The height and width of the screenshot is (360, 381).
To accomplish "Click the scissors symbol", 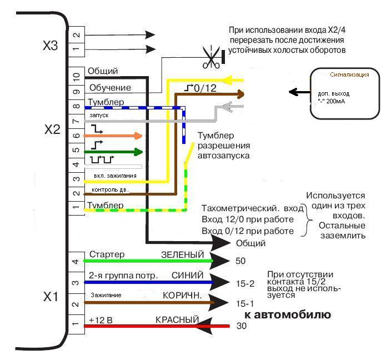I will [210, 58].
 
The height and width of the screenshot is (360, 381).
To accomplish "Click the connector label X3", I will [51, 46].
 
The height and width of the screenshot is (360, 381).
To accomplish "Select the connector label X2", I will [52, 130].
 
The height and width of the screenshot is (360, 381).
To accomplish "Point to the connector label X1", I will [51, 296].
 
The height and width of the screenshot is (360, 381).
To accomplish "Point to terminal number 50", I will [241, 261].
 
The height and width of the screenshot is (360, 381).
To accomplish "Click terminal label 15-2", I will [245, 283].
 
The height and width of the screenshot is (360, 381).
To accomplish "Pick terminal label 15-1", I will [245, 304].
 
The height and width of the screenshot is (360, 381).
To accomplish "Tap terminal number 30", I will [241, 326].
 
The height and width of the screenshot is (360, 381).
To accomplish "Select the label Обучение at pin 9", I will [110, 88].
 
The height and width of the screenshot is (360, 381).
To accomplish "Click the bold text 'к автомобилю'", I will [288, 315].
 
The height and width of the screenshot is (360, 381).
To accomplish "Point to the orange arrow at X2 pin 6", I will [113, 135].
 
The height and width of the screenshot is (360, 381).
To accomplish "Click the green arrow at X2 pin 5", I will [113, 151].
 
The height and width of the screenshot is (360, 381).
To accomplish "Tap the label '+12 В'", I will [101, 320].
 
